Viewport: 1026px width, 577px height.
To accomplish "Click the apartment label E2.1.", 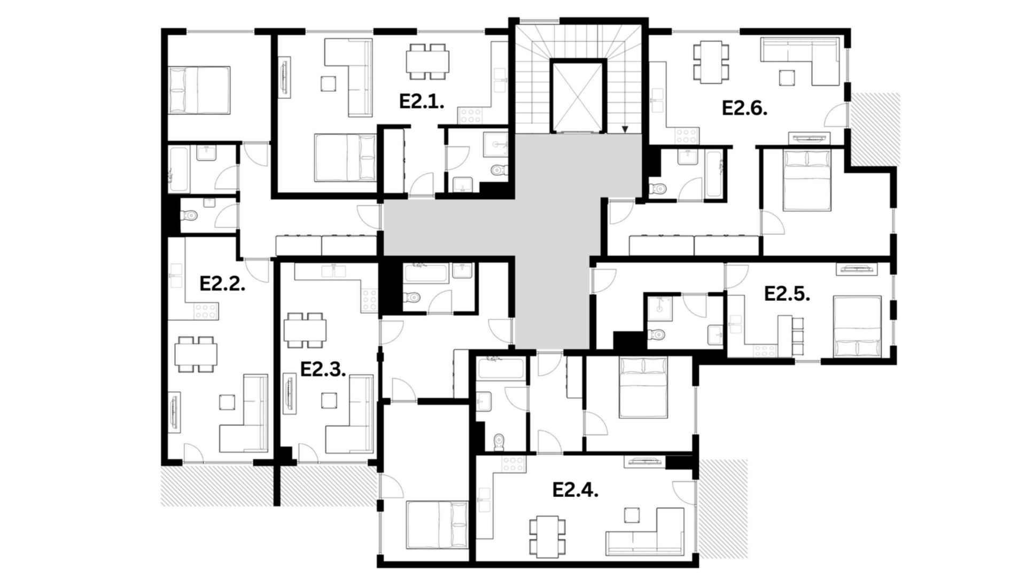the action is point(422,102).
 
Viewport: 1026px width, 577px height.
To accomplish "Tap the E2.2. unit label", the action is point(222,284).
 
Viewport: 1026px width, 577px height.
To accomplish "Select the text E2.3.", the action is point(323,369).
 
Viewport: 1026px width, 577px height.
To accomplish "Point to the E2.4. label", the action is point(575,490).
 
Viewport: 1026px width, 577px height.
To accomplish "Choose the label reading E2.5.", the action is point(787,294).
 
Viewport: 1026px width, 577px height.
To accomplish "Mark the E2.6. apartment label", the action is point(745,108).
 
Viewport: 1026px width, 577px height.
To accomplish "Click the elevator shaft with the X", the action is point(578,97).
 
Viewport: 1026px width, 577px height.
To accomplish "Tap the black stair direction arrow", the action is point(625,129).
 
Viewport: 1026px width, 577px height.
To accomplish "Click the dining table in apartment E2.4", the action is point(548,535).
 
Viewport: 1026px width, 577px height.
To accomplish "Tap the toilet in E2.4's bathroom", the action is point(499,442).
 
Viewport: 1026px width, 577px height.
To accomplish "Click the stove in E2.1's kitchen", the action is point(470,115).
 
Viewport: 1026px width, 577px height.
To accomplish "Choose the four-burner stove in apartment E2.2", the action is point(206,311).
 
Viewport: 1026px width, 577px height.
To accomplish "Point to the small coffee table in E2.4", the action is point(632,515).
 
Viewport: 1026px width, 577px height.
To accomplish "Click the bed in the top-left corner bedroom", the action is point(199,90).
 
